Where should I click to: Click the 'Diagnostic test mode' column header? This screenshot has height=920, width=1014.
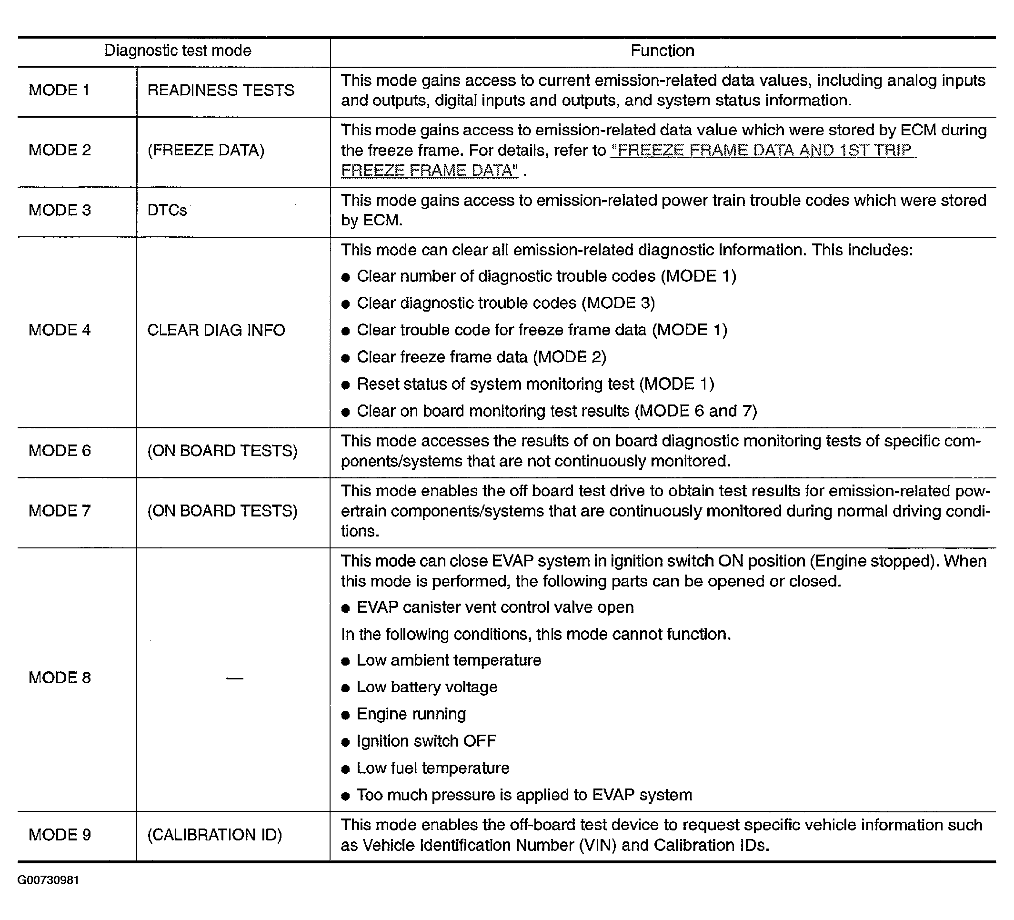pyautogui.click(x=178, y=51)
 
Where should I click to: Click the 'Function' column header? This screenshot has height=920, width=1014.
pyautogui.click(x=663, y=51)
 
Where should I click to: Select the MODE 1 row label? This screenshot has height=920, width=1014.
pyautogui.click(x=60, y=90)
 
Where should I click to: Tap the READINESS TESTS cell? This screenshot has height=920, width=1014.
pyautogui.click(x=221, y=90)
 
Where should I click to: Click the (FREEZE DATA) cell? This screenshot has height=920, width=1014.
pyautogui.click(x=206, y=150)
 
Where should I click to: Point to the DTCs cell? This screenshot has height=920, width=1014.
pyautogui.click(x=167, y=210)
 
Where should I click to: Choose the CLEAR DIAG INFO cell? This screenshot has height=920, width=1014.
pyautogui.click(x=216, y=330)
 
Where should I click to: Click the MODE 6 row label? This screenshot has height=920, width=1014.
pyautogui.click(x=60, y=450)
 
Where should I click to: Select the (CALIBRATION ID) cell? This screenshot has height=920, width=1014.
pyautogui.click(x=215, y=835)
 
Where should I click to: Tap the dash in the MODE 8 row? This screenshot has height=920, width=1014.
pyautogui.click(x=234, y=678)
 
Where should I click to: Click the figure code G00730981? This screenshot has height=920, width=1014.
pyautogui.click(x=48, y=880)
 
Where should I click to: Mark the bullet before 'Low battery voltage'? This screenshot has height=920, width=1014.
pyautogui.click(x=345, y=688)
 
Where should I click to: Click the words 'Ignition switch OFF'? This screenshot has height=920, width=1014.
pyautogui.click(x=426, y=741)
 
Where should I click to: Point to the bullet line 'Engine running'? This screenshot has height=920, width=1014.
pyautogui.click(x=411, y=714)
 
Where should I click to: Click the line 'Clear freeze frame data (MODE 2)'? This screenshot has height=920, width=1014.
pyautogui.click(x=482, y=357)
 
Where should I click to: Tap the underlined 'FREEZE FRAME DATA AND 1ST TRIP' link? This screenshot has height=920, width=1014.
pyautogui.click(x=763, y=150)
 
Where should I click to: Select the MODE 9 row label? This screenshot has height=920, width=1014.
pyautogui.click(x=60, y=835)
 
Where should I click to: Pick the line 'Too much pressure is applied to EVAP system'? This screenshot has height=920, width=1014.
pyautogui.click(x=524, y=795)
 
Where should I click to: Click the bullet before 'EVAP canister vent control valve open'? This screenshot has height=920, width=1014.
pyautogui.click(x=345, y=608)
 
